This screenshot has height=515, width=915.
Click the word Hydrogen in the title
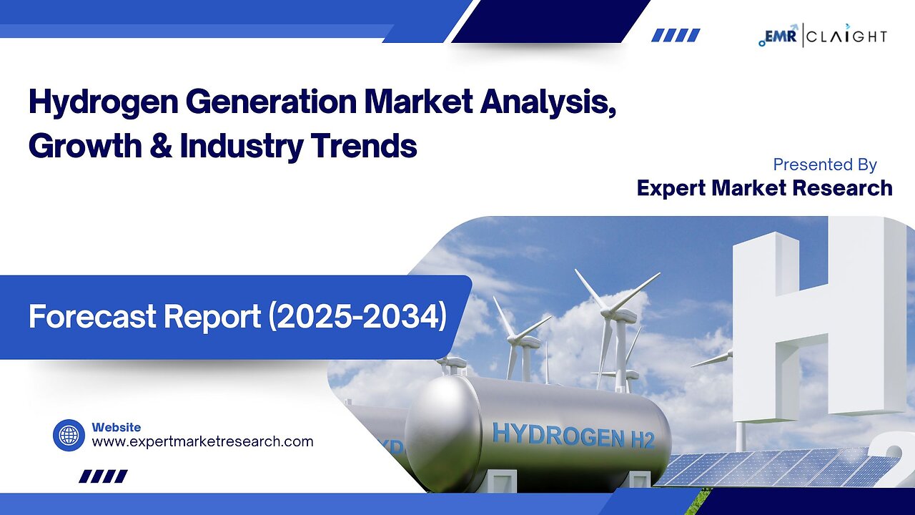104,102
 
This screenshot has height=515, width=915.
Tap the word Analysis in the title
548,102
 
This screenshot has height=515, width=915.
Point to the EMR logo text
780,36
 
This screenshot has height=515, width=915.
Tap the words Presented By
825,165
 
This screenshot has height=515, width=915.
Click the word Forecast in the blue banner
93,317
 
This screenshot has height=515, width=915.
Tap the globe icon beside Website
69,436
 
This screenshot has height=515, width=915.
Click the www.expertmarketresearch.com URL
202,442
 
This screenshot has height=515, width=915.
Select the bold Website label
117,427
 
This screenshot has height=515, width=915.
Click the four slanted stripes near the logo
676,35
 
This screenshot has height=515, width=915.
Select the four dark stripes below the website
104,476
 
